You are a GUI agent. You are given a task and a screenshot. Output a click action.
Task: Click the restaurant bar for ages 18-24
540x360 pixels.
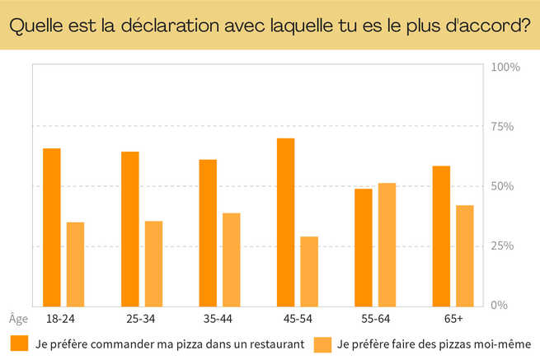click(x=52, y=227)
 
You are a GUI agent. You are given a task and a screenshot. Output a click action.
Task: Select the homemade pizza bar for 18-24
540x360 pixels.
click(x=75, y=264)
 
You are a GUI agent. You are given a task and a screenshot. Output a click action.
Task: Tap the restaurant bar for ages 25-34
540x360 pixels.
click(x=130, y=228)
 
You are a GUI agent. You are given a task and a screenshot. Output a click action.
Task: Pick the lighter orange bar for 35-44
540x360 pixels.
click(x=231, y=259)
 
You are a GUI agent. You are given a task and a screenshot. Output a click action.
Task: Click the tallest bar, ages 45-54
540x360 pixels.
click(x=286, y=222)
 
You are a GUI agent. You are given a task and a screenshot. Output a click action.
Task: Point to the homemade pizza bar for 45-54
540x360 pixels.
click(x=309, y=271)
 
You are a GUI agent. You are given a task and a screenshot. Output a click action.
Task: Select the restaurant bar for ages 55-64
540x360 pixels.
click(x=364, y=247)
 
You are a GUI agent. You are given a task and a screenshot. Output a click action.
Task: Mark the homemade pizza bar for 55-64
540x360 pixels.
click(x=387, y=244)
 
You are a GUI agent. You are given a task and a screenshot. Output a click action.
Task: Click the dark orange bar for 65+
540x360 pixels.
click(x=441, y=236)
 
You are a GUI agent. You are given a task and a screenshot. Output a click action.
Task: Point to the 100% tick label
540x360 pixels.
click(x=505, y=67)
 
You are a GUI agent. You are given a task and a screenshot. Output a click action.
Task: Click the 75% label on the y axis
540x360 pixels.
click(x=503, y=127)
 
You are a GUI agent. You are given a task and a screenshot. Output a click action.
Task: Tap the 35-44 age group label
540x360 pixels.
click(x=217, y=318)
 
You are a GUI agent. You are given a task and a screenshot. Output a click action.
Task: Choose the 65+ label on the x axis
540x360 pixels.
click(x=453, y=318)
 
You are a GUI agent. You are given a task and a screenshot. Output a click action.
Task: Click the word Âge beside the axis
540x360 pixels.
click(x=18, y=318)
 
